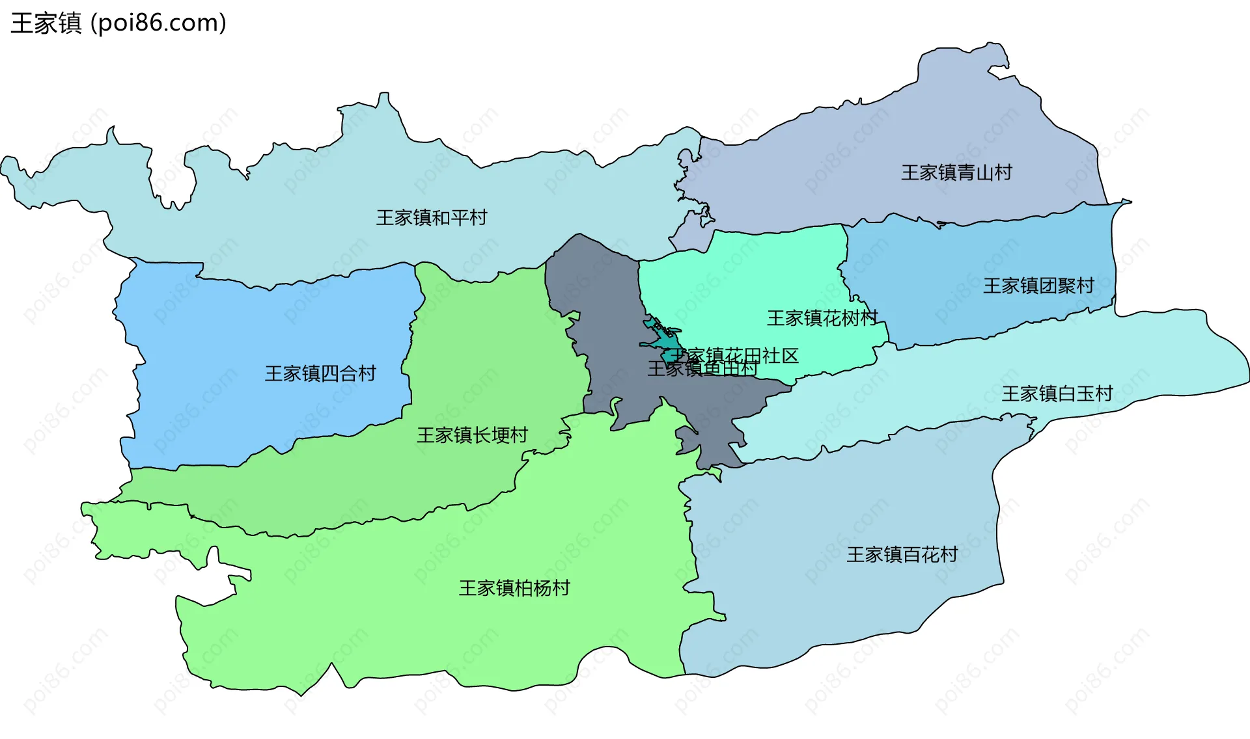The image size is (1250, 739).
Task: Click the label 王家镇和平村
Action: click(x=432, y=217)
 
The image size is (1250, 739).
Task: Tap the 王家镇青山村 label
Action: click(x=956, y=172)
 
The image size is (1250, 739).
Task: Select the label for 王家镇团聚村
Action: click(x=1038, y=286)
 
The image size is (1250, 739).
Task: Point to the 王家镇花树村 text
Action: click(x=822, y=318)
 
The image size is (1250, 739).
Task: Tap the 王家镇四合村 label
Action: click(x=320, y=373)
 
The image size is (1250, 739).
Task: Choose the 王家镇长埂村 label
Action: click(x=472, y=435)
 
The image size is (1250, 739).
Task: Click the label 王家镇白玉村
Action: click(x=1057, y=394)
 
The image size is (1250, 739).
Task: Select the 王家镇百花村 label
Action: click(x=902, y=554)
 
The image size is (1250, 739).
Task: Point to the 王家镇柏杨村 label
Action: click(x=514, y=588)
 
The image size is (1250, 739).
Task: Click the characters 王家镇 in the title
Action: click(x=46, y=23)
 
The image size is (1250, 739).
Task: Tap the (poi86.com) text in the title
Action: click(x=158, y=23)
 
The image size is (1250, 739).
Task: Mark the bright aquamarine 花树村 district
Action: click(x=749, y=280)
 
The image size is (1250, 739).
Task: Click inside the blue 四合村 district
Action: click(x=260, y=325)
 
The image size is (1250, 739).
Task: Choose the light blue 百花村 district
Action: click(x=814, y=585)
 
